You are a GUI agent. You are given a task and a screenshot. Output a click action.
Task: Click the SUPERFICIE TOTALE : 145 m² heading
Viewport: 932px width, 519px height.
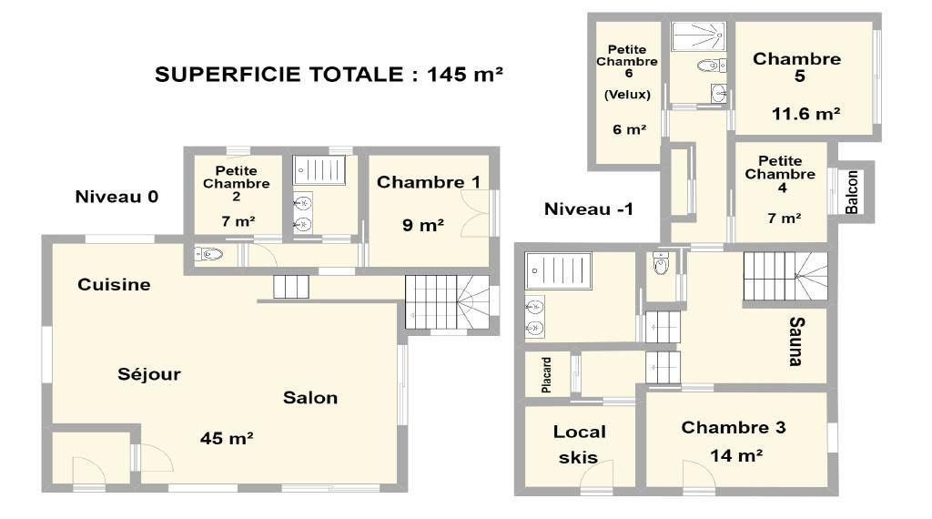(x=329, y=75)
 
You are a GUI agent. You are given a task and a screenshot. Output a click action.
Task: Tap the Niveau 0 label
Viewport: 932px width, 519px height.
(x=116, y=197)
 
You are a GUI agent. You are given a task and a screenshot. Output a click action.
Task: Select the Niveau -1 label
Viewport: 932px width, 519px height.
(x=589, y=209)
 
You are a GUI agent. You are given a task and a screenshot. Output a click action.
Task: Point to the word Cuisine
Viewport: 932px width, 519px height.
(x=114, y=285)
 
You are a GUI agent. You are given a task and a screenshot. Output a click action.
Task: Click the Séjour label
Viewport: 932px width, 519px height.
(x=149, y=374)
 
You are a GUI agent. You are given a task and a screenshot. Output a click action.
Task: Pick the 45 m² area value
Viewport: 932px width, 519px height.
(x=227, y=439)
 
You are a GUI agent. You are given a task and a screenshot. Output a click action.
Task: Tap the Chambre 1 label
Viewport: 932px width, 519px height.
(x=429, y=182)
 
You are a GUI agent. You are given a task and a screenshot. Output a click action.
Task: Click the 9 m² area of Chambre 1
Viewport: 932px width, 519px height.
(x=423, y=225)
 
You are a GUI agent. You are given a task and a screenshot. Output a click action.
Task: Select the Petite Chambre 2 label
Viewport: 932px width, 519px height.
(x=237, y=184)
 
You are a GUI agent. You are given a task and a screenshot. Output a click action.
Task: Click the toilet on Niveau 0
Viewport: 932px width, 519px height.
(x=208, y=254)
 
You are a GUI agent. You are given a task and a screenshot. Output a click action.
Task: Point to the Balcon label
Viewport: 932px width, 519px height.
(x=852, y=192)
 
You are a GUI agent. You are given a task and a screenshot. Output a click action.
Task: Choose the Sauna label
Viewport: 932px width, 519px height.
(x=796, y=341)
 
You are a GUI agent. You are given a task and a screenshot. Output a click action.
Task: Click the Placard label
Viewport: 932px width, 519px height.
(x=546, y=375)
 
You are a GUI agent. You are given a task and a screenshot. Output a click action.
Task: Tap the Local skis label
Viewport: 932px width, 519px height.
(x=580, y=444)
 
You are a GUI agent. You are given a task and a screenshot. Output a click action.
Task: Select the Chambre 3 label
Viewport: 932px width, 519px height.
(x=734, y=427)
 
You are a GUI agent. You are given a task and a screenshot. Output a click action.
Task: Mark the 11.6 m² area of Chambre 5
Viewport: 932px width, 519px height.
(x=806, y=114)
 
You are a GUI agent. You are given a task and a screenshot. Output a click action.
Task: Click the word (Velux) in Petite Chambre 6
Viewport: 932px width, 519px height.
(x=627, y=95)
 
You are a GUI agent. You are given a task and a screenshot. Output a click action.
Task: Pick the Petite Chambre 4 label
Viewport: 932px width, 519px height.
(x=780, y=174)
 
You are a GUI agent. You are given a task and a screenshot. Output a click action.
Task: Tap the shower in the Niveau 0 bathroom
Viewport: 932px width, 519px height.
(x=319, y=170)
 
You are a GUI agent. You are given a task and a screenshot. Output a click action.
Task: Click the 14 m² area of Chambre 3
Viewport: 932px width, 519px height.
(x=736, y=456)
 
